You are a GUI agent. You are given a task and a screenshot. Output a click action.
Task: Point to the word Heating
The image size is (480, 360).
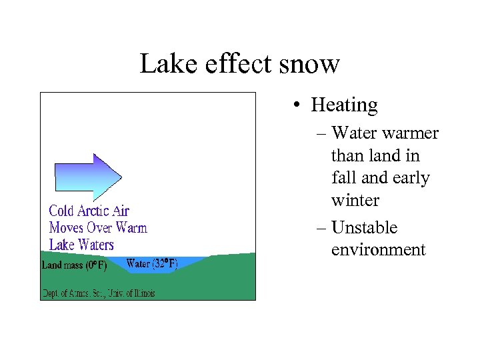344,105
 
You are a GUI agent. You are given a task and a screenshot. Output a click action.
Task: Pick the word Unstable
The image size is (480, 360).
364,227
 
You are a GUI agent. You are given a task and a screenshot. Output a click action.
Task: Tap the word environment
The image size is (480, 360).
378,250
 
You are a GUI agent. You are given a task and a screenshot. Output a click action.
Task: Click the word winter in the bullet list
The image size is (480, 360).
355,200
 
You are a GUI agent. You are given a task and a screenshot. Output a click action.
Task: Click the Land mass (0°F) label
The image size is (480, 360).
74,265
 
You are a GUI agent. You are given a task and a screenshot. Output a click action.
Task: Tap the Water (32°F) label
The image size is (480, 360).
152,264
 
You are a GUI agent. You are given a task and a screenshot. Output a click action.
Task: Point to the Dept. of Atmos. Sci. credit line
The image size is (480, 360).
99,293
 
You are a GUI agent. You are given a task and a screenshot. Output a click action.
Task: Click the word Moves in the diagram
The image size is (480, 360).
66,228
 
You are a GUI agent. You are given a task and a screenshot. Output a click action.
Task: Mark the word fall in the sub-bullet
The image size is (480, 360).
343,178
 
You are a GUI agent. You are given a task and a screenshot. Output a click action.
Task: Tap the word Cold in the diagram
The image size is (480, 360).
61,211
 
